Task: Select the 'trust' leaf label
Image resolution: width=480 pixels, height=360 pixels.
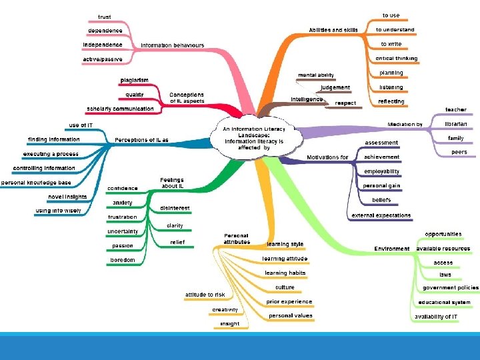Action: pyautogui.click(x=105, y=17)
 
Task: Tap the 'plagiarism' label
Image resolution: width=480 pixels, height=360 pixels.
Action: pyautogui.click(x=134, y=81)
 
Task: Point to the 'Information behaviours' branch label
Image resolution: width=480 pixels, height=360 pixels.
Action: pyautogui.click(x=172, y=45)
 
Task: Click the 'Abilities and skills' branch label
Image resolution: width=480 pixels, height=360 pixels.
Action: pyautogui.click(x=333, y=30)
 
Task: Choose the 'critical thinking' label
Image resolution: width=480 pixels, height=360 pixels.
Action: pyautogui.click(x=391, y=59)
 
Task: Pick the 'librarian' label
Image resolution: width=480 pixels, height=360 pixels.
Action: pyautogui.click(x=456, y=124)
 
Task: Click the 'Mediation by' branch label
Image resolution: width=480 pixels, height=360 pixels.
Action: pyautogui.click(x=405, y=124)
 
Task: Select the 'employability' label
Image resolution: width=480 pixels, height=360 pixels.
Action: pyautogui.click(x=382, y=171)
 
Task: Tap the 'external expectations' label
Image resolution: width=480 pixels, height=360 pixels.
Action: pyautogui.click(x=381, y=215)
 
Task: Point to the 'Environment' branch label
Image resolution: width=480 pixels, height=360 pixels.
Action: pyautogui.click(x=392, y=249)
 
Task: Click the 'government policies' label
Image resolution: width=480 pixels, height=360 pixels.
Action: pyautogui.click(x=445, y=288)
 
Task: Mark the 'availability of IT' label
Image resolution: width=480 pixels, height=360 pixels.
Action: pyautogui.click(x=436, y=317)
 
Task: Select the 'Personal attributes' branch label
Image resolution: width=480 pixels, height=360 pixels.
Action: pyautogui.click(x=237, y=239)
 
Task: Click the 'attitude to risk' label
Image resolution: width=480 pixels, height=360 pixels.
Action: pyautogui.click(x=205, y=295)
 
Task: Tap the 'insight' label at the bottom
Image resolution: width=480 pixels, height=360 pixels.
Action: pyautogui.click(x=229, y=324)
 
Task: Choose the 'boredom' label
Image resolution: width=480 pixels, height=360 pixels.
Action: pyautogui.click(x=123, y=260)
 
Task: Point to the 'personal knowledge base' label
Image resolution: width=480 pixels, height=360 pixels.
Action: pyautogui.click(x=36, y=183)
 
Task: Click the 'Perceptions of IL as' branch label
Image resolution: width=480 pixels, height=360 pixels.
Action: pyautogui.click(x=141, y=140)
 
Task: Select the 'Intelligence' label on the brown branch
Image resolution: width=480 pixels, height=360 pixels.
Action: pyautogui.click(x=307, y=99)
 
